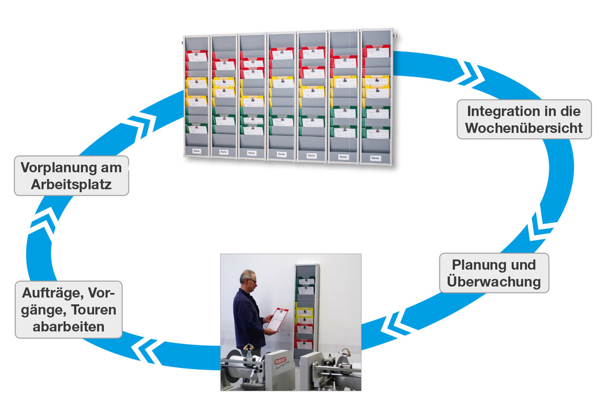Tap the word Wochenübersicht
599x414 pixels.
click(524, 128)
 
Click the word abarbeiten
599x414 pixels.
click(68, 327)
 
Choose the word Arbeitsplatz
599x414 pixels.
click(71, 184)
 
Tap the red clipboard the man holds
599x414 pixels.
click(278, 318)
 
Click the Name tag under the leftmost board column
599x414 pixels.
click(196, 151)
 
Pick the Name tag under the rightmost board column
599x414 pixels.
click(375, 158)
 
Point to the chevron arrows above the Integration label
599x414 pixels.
click(472, 73)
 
